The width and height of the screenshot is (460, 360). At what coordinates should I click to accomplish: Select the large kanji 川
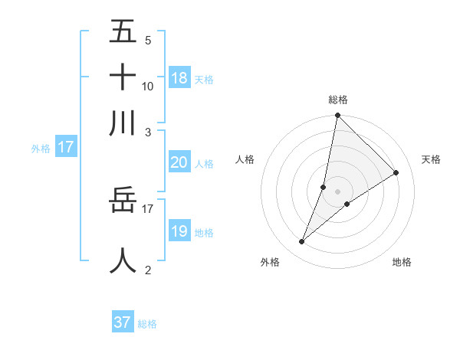point(123,123)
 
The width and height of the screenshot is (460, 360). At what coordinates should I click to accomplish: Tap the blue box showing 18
point(179,77)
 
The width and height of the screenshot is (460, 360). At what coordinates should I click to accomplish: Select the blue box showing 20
point(179,162)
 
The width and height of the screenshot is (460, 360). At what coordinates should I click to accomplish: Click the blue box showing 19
point(179,231)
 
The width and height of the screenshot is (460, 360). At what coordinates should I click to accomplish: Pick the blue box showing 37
point(123,322)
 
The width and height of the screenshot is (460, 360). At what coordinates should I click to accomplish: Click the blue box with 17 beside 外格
point(66,146)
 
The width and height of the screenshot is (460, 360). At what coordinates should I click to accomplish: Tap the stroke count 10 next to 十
point(148,86)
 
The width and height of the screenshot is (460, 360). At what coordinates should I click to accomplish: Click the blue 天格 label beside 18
point(204,79)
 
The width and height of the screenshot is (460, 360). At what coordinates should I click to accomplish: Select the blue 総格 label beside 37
point(147,324)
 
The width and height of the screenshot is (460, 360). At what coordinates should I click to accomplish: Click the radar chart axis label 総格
point(337,100)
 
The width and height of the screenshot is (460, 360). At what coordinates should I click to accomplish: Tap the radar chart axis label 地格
point(402,263)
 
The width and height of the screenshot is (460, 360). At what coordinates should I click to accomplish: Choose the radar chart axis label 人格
point(245,159)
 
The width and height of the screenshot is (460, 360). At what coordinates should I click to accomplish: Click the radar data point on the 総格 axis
point(337,116)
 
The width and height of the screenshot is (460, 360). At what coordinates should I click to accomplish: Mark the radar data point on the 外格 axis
point(302,242)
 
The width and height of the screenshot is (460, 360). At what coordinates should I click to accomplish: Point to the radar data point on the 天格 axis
point(396,172)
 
